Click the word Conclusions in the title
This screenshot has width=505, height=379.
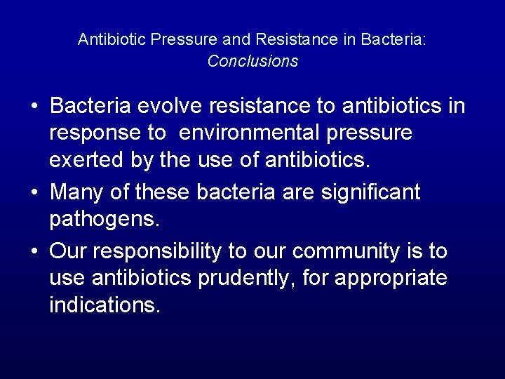point(252,61)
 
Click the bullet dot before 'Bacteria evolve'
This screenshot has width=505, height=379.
point(34,107)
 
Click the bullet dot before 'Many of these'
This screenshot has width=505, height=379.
point(34,192)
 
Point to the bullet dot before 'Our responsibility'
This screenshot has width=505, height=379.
point(34,251)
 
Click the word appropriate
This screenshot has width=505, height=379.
point(391,279)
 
